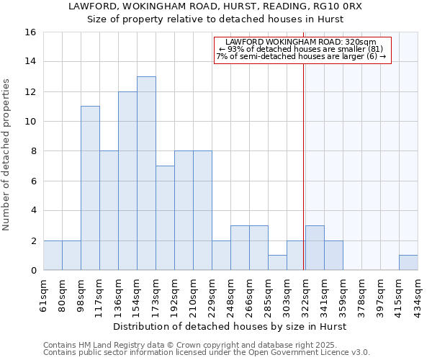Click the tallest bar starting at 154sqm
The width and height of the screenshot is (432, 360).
146,173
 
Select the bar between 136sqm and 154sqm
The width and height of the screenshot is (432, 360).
127,181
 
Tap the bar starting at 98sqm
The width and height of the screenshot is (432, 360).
90,188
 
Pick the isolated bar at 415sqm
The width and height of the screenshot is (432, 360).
408,263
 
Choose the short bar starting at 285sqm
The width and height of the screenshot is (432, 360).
277,263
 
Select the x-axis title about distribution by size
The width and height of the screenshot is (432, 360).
230,326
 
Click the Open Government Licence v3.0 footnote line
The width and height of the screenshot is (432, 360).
207,353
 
